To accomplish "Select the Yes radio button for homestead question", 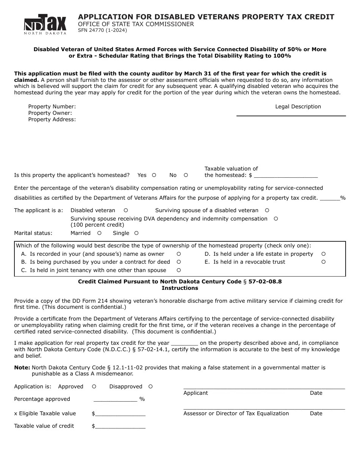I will (x=154, y=175).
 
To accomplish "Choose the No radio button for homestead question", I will (x=186, y=175).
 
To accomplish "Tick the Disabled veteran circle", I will (x=126, y=210).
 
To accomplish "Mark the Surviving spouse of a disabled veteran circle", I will (x=267, y=210).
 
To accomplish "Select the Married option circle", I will (x=99, y=233).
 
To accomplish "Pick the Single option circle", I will (x=136, y=233).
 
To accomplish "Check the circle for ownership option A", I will (x=179, y=254).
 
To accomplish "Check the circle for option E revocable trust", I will (x=324, y=262).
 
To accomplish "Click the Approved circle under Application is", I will (x=94, y=386).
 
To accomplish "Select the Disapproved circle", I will (x=150, y=386).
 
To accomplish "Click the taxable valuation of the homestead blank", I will (x=286, y=175).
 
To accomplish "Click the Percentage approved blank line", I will (x=115, y=399).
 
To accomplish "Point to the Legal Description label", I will (x=298, y=107).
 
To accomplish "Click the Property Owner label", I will (x=50, y=113).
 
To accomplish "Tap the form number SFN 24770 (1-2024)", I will (x=102, y=30).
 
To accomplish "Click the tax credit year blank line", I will (x=185, y=343).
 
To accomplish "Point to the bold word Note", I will (x=22, y=367).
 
